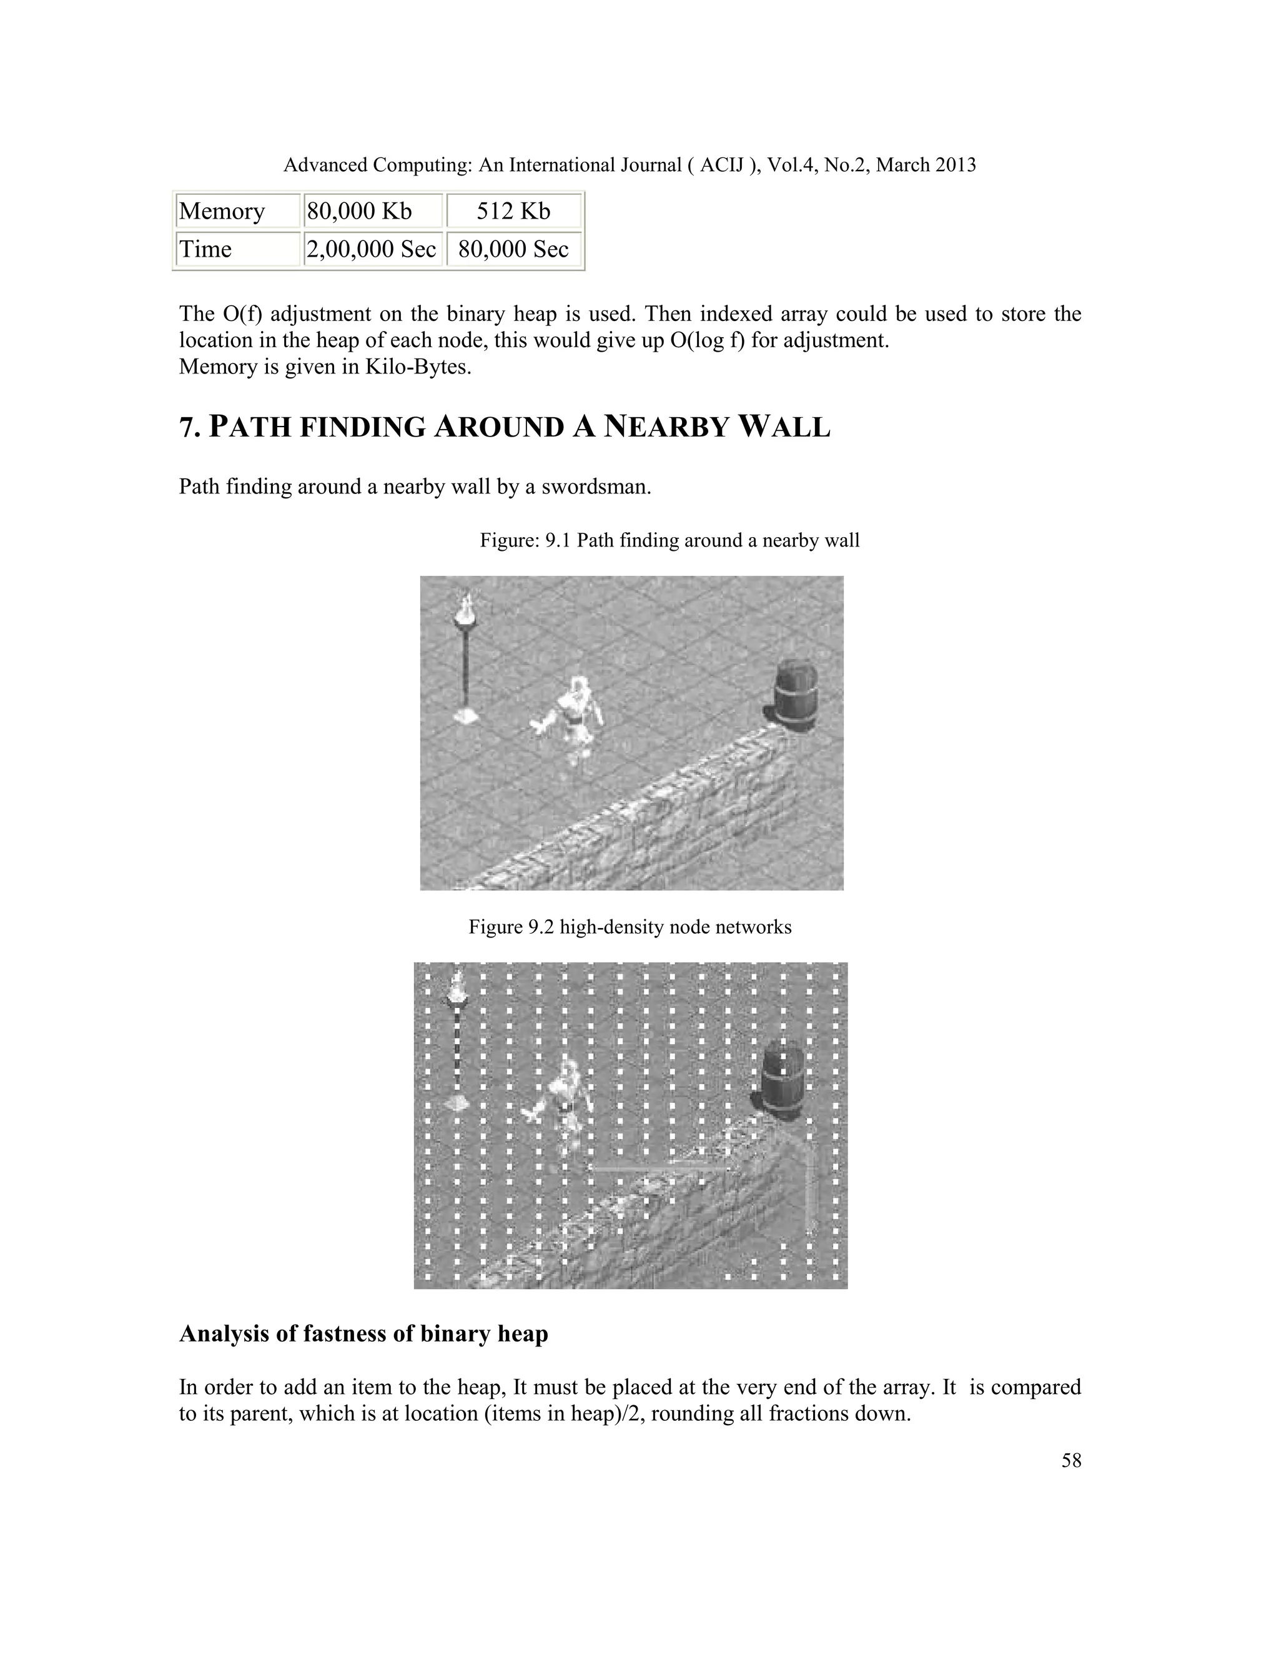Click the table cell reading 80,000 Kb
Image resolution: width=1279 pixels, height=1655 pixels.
[358, 210]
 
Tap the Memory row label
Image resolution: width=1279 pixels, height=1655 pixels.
[221, 210]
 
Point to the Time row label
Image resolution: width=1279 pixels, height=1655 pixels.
[205, 249]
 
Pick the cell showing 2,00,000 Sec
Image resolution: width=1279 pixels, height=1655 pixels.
[372, 249]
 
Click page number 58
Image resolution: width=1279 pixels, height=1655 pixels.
[1070, 1461]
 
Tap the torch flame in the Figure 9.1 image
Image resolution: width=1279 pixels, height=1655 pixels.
[466, 607]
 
